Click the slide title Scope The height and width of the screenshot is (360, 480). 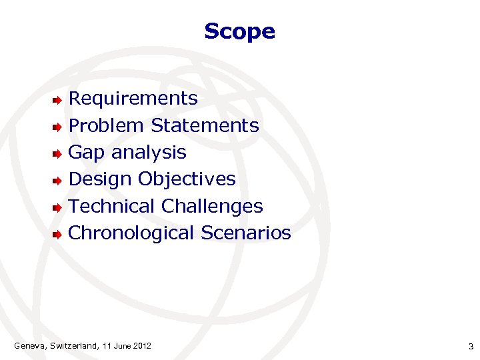point(239,31)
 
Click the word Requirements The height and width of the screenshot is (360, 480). point(133,99)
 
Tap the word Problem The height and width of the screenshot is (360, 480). point(106,125)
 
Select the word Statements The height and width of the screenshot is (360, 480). point(205,125)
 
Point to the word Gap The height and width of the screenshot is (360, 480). point(87,153)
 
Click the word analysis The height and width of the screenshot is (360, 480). point(149,153)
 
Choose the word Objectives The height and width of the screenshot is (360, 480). point(187,179)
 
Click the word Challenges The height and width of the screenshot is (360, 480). point(212,207)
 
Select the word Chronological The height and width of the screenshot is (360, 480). point(131,233)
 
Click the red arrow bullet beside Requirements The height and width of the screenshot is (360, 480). point(58,100)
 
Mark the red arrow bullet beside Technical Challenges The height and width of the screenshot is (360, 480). point(58,207)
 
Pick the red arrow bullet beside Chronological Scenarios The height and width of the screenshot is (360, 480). point(58,234)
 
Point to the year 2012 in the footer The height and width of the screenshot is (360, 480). point(141,345)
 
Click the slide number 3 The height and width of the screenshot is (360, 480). point(470,346)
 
